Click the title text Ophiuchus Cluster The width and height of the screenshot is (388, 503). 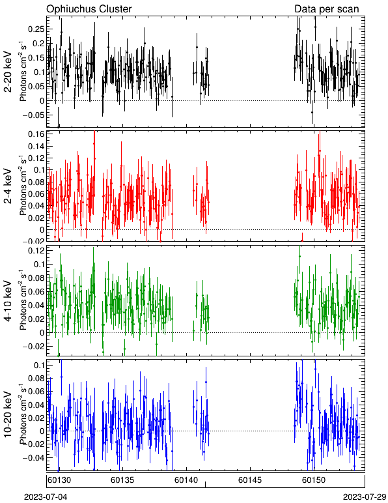(x=89, y=8)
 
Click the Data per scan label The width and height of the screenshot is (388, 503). (x=327, y=8)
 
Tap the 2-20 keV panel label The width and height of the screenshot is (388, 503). (x=8, y=72)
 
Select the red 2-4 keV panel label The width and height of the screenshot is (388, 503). (x=8, y=186)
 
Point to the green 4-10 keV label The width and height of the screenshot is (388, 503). (x=8, y=301)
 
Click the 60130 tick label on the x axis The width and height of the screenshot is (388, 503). (x=59, y=480)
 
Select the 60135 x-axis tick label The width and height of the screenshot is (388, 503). (x=122, y=480)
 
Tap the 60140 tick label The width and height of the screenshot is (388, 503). (x=186, y=480)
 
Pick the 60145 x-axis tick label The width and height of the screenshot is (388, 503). (x=249, y=480)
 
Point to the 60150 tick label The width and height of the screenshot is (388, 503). (x=314, y=480)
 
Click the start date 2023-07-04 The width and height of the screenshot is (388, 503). (x=46, y=497)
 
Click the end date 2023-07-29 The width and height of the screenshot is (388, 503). (x=365, y=497)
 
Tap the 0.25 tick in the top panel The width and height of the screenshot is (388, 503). (x=36, y=29)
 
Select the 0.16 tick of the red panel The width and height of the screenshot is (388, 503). (x=36, y=134)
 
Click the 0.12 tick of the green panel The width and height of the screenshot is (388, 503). (x=36, y=251)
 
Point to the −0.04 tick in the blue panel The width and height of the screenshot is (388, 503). (x=33, y=457)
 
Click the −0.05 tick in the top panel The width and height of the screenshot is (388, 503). (x=33, y=115)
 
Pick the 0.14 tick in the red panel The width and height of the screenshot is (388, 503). (x=36, y=147)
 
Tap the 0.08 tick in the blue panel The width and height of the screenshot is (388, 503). (x=36, y=378)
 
